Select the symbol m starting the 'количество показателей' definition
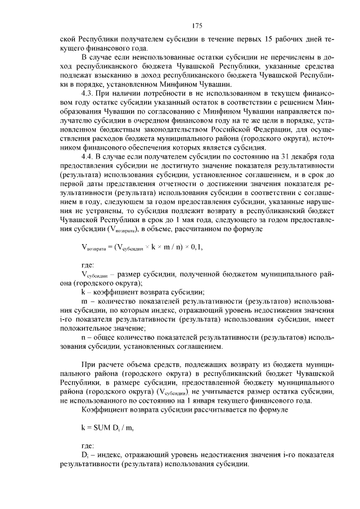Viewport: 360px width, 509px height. [x=84, y=302]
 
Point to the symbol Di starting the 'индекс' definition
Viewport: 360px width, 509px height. [x=85, y=454]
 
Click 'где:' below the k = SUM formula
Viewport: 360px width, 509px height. [x=88, y=444]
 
